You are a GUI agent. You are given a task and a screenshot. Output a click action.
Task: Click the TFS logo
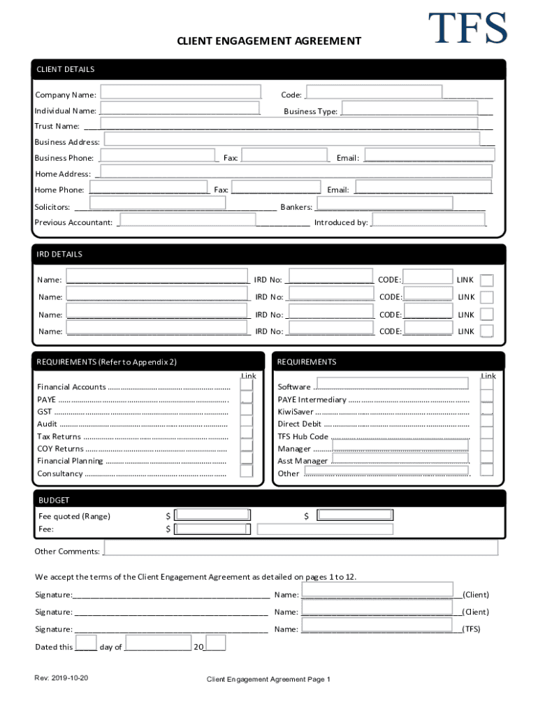(x=467, y=29)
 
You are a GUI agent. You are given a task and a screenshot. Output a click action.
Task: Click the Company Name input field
(x=182, y=92)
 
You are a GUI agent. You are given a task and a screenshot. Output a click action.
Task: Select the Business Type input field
(x=410, y=108)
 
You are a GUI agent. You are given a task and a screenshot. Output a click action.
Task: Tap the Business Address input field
(x=291, y=139)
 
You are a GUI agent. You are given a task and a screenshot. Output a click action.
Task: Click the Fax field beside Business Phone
(x=284, y=155)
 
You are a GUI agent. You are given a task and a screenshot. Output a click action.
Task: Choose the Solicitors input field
(x=158, y=203)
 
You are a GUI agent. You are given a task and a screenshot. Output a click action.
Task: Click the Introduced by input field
(x=429, y=220)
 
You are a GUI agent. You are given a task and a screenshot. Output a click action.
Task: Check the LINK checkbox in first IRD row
(x=487, y=280)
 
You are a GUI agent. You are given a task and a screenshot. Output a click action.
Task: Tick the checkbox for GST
(x=246, y=411)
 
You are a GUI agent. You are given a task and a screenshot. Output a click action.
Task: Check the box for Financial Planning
(x=246, y=458)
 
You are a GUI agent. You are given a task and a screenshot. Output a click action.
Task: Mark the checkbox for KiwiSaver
(x=487, y=411)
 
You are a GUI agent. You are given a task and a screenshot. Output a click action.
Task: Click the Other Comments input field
(x=300, y=547)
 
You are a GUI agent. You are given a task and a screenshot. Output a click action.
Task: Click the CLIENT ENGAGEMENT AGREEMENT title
(x=269, y=41)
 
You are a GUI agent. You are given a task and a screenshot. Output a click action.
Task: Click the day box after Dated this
(x=86, y=643)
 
